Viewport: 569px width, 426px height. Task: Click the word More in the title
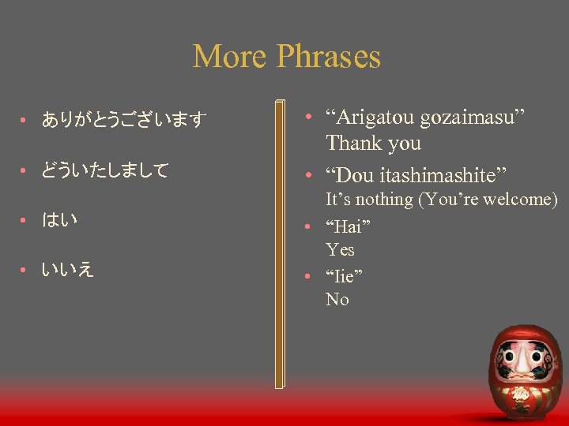[x=230, y=57]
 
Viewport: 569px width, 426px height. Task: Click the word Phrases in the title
[x=329, y=57]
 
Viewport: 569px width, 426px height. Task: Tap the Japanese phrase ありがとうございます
[x=124, y=120]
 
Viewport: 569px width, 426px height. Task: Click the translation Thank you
[x=373, y=144]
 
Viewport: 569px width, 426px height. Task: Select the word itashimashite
[x=446, y=174]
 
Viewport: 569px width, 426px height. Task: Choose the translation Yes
[x=340, y=250]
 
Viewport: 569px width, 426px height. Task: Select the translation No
[x=337, y=300]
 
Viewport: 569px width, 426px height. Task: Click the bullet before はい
[x=24, y=220]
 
